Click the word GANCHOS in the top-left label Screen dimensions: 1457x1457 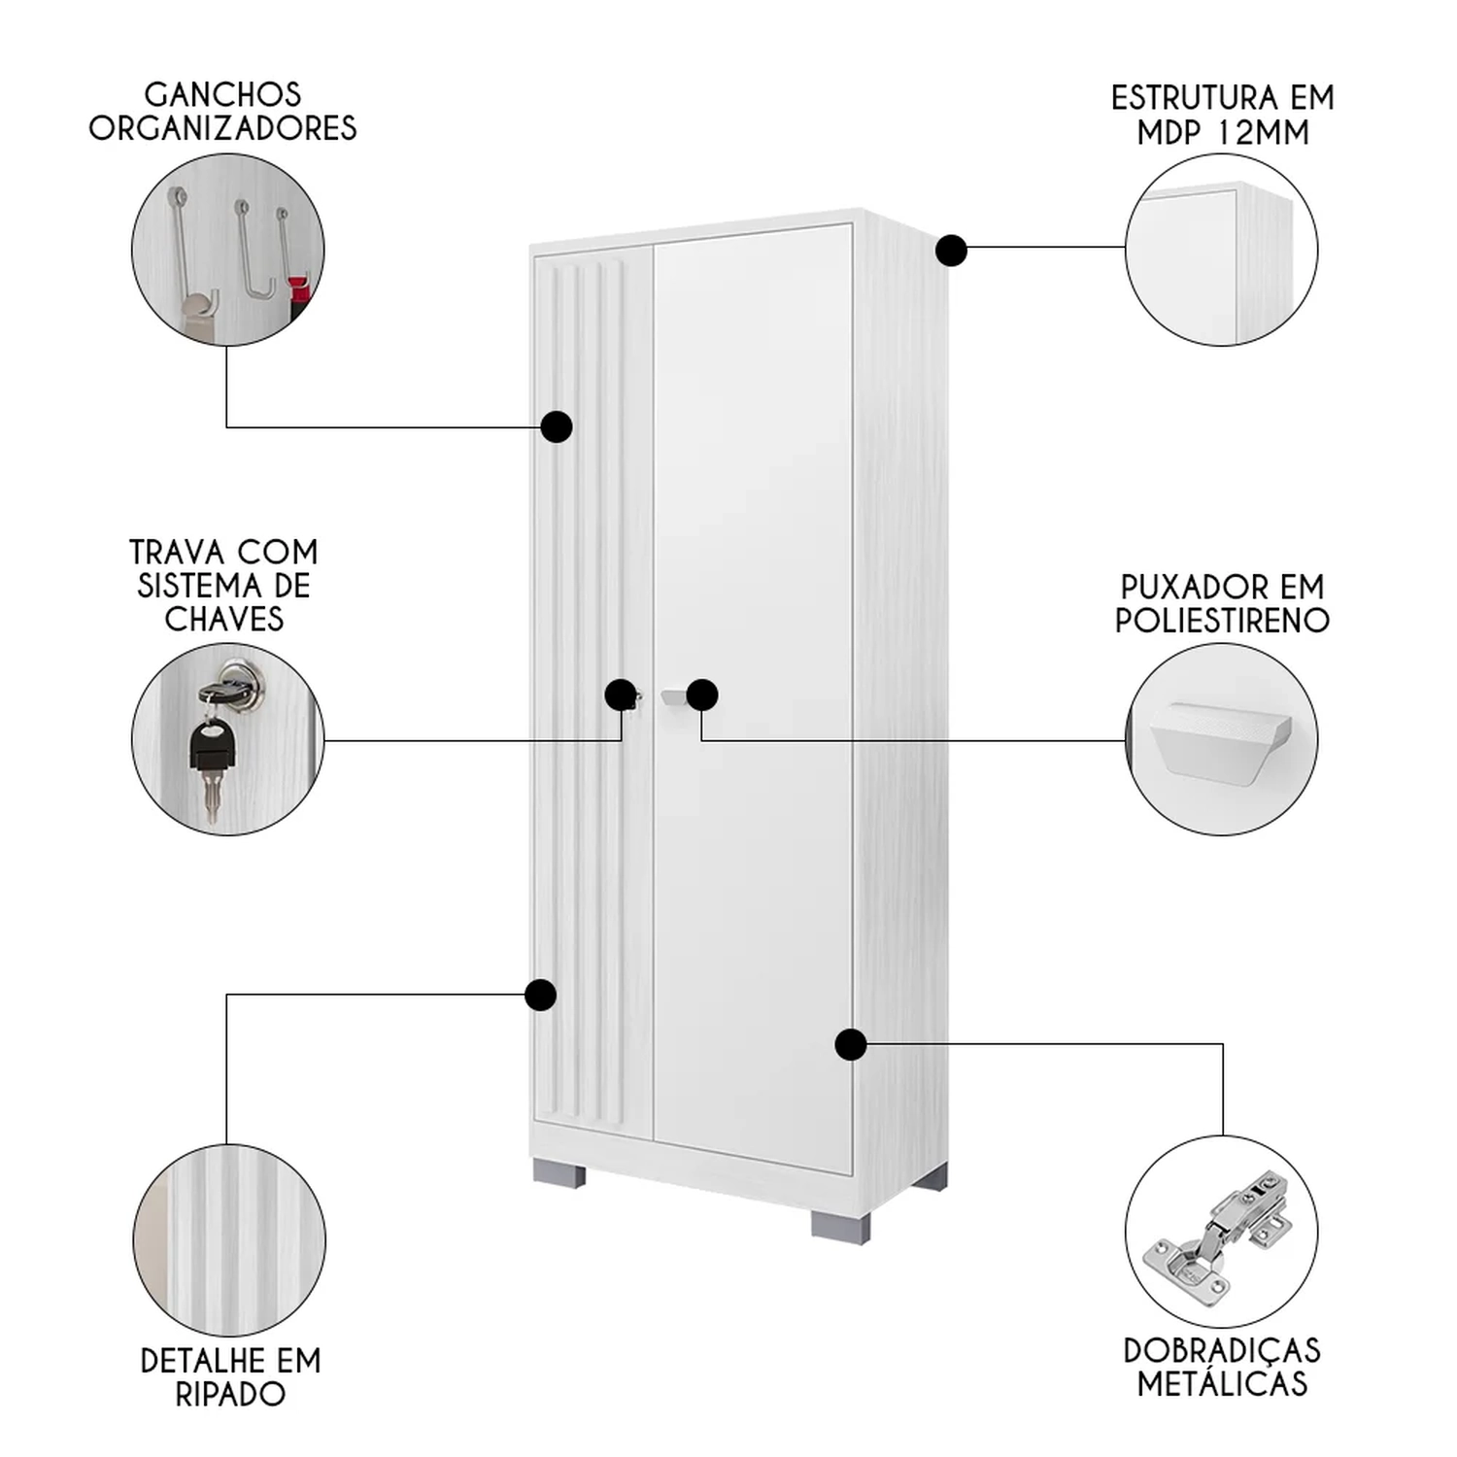pos(223,95)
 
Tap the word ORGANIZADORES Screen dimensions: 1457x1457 pos(223,128)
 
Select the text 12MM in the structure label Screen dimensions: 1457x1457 pos(1266,132)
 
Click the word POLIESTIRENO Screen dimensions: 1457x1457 pos(1222,621)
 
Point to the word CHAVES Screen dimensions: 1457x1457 pos(224,619)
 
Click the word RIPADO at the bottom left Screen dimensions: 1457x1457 pos(230,1394)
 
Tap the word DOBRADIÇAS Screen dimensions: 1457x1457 pos(1222,1351)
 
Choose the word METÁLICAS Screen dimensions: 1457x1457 pos(1222,1384)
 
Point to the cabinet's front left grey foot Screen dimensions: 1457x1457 pos(559,1173)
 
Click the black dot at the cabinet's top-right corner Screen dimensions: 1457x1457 pos(952,251)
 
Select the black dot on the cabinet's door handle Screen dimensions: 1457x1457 pos(702,695)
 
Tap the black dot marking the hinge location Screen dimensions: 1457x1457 pos(851,1044)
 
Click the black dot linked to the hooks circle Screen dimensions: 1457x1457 pos(557,426)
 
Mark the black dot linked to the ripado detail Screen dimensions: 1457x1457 pos(540,995)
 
